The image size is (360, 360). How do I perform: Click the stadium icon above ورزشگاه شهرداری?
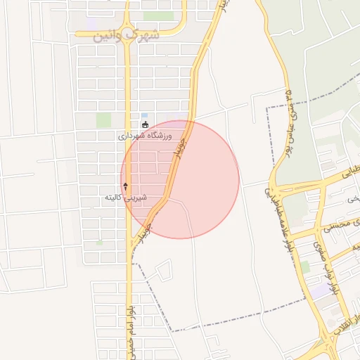pos(145,125)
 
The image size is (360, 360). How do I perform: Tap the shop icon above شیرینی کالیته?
pos(126,186)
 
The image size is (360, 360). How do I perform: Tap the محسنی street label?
pos(336,224)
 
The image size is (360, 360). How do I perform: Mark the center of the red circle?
pos(180,179)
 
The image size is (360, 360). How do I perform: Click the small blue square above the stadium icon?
pos(145,115)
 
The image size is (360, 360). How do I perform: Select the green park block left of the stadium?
pos(104,120)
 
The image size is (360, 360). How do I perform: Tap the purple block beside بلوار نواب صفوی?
pos(322,290)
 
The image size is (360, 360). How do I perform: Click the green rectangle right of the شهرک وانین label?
pos(158,15)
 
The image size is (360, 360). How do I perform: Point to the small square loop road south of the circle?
pos(163,269)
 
